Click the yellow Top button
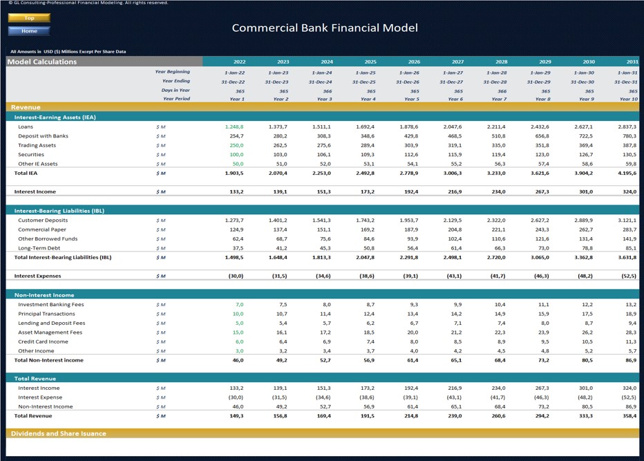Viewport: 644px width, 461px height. point(29,18)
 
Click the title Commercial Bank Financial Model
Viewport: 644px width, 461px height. point(324,28)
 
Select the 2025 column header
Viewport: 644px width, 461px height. point(370,62)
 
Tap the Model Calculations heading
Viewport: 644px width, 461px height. point(42,62)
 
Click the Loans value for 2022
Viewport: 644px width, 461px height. point(234,127)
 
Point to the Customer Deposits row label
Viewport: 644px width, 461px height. point(43,220)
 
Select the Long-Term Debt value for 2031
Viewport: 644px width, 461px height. point(628,248)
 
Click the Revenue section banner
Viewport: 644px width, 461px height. point(26,108)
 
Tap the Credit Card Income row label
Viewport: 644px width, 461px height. point(43,341)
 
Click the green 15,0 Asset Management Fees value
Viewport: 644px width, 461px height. point(238,332)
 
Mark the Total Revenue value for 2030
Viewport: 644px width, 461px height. point(584,416)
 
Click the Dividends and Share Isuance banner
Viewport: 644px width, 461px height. point(59,434)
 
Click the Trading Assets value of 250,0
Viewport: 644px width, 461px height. point(236,146)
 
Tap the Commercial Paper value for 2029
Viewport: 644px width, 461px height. point(540,229)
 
